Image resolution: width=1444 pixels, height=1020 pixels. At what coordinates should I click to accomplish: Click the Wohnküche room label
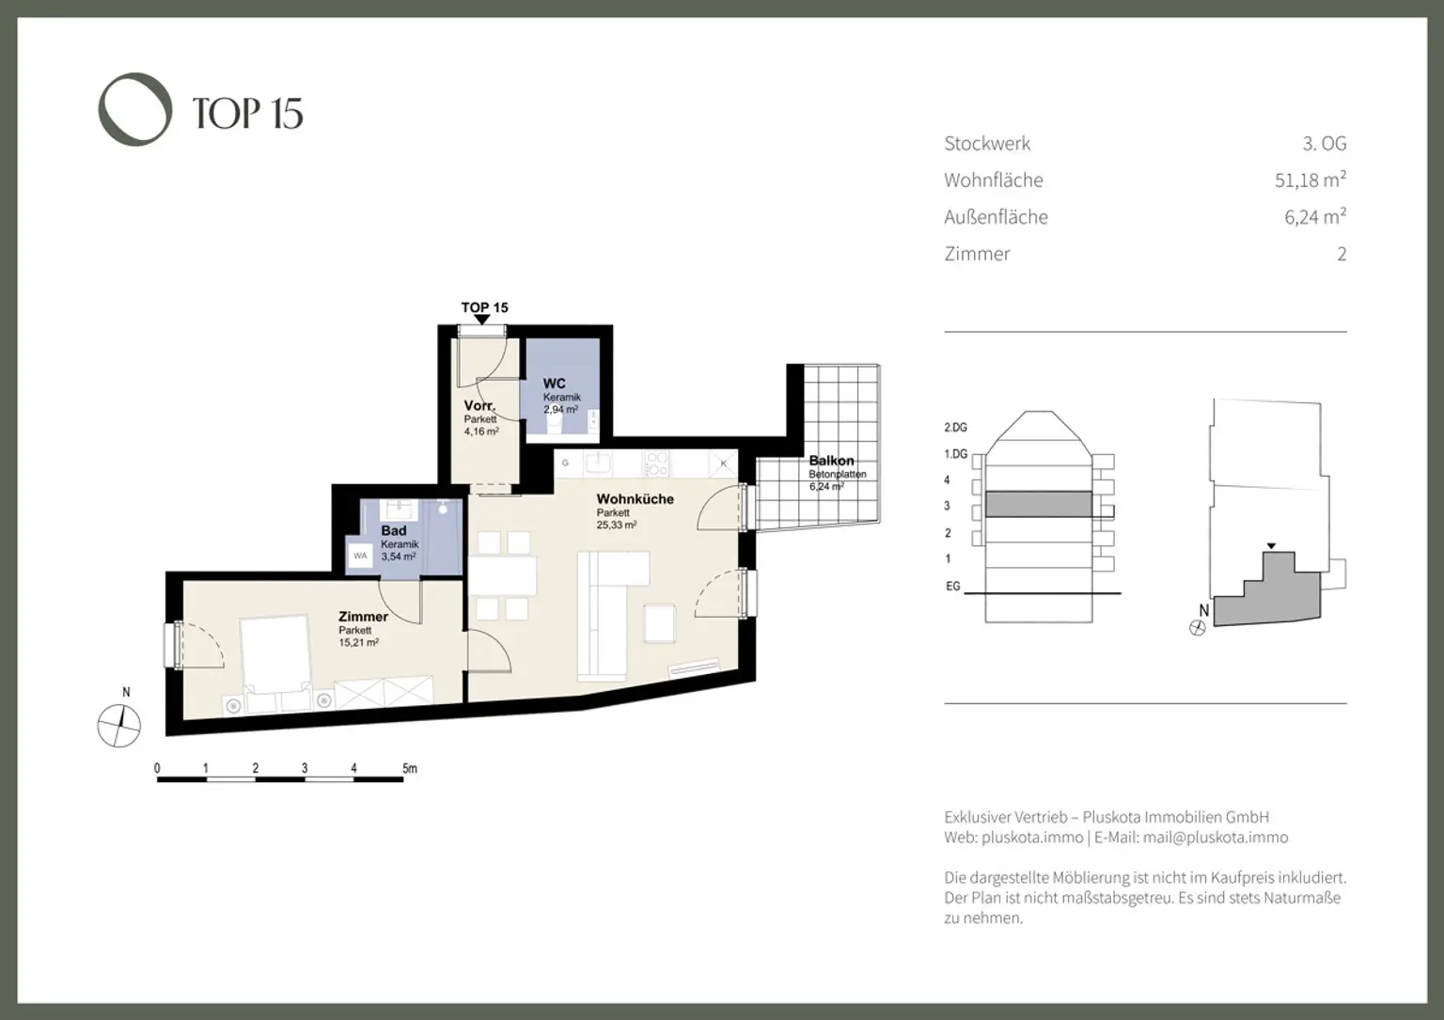pos(635,499)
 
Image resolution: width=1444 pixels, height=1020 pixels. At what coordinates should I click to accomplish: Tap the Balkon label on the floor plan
pos(831,461)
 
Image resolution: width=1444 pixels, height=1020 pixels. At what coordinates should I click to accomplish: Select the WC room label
pos(554,384)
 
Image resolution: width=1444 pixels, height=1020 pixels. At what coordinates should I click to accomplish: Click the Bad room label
pos(394,530)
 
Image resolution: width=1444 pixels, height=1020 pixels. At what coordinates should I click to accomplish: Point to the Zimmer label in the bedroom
pos(363,617)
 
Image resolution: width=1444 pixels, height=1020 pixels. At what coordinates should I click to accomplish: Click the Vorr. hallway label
pos(479,406)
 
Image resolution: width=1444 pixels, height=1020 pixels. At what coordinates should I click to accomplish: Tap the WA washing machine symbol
pos(360,556)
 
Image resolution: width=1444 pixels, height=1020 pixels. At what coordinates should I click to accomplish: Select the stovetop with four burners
pos(656,463)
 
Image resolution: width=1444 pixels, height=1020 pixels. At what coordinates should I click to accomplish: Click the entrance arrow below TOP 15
pos(482,321)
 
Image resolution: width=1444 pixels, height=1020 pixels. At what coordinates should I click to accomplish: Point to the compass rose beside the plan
pos(119,726)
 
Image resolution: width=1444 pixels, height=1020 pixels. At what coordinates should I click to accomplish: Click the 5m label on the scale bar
pos(409,768)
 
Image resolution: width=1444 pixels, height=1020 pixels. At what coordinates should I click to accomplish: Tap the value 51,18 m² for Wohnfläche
pos(1310,180)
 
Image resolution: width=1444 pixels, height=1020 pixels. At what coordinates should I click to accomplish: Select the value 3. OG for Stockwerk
pos(1324,144)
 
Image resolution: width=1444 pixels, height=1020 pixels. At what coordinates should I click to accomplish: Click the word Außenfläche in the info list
pos(996,217)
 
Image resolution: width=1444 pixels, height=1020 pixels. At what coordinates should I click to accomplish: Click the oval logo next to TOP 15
pos(135,109)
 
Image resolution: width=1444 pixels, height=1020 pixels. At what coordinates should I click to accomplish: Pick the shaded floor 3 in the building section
pos(1038,505)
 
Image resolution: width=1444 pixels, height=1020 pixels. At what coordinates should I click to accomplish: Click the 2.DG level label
pos(955,428)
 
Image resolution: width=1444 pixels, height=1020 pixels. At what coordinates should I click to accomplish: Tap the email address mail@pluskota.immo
pos(1215,838)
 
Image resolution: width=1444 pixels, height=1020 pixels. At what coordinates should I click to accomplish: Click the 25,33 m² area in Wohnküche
pos(616,526)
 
